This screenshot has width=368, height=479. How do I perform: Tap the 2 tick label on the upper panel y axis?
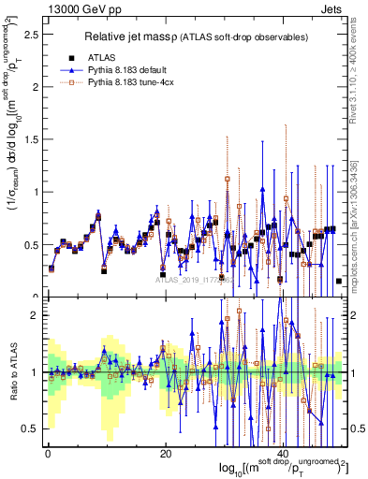point(34,87)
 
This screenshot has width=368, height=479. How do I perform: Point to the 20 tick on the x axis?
point(165,454)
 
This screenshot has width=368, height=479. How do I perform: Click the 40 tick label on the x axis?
point(283,454)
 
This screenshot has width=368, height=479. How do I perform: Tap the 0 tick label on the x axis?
point(47,454)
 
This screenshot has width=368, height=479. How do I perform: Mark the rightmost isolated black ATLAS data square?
point(339,281)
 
